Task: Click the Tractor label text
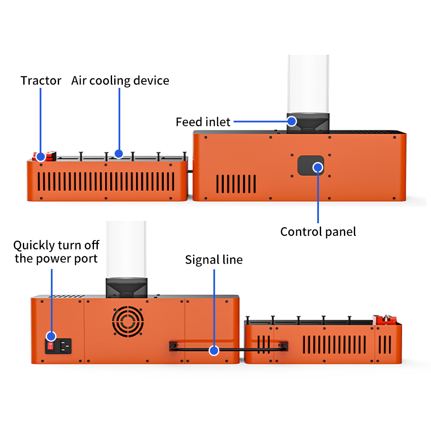pyautogui.click(x=41, y=81)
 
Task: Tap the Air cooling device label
pyautogui.click(x=120, y=81)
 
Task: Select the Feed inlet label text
pyautogui.click(x=203, y=122)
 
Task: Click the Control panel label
pyautogui.click(x=318, y=232)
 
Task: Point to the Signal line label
pyautogui.click(x=214, y=260)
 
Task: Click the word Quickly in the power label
pyautogui.click(x=34, y=245)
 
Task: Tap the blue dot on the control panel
pyautogui.click(x=318, y=167)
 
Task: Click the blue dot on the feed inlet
pyautogui.click(x=292, y=121)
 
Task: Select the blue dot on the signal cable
pyautogui.click(x=214, y=350)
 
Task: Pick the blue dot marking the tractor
pyautogui.click(x=41, y=157)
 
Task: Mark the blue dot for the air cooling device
pyautogui.click(x=119, y=154)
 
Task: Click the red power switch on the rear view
pyautogui.click(x=50, y=346)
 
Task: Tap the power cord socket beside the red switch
pyautogui.click(x=65, y=346)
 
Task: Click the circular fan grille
pyautogui.click(x=128, y=322)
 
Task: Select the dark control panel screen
pyautogui.click(x=311, y=166)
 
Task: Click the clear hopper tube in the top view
pyautogui.click(x=309, y=84)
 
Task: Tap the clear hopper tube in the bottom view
pyautogui.click(x=126, y=249)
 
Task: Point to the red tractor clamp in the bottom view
pyautogui.click(x=385, y=320)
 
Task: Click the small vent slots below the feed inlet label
pyautogui.click(x=236, y=184)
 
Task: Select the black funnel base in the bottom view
pyautogui.click(x=127, y=288)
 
